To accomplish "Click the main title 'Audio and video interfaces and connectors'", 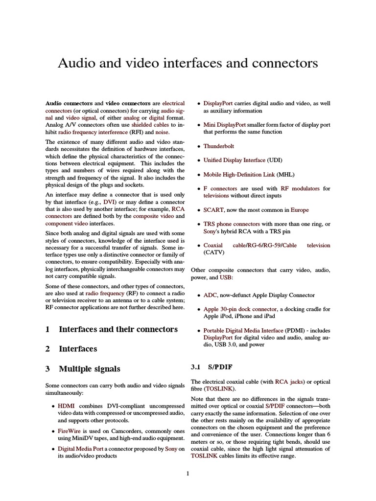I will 188,63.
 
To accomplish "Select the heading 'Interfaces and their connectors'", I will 118,329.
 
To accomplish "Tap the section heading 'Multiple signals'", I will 89,368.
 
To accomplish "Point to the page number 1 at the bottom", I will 188,473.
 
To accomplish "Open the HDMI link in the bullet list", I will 67,406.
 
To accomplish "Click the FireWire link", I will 69,431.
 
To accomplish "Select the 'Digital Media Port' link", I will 80,449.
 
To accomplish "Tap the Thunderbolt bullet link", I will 219,146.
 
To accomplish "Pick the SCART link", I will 213,210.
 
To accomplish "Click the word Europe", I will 300,210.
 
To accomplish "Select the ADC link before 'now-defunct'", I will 210,295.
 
